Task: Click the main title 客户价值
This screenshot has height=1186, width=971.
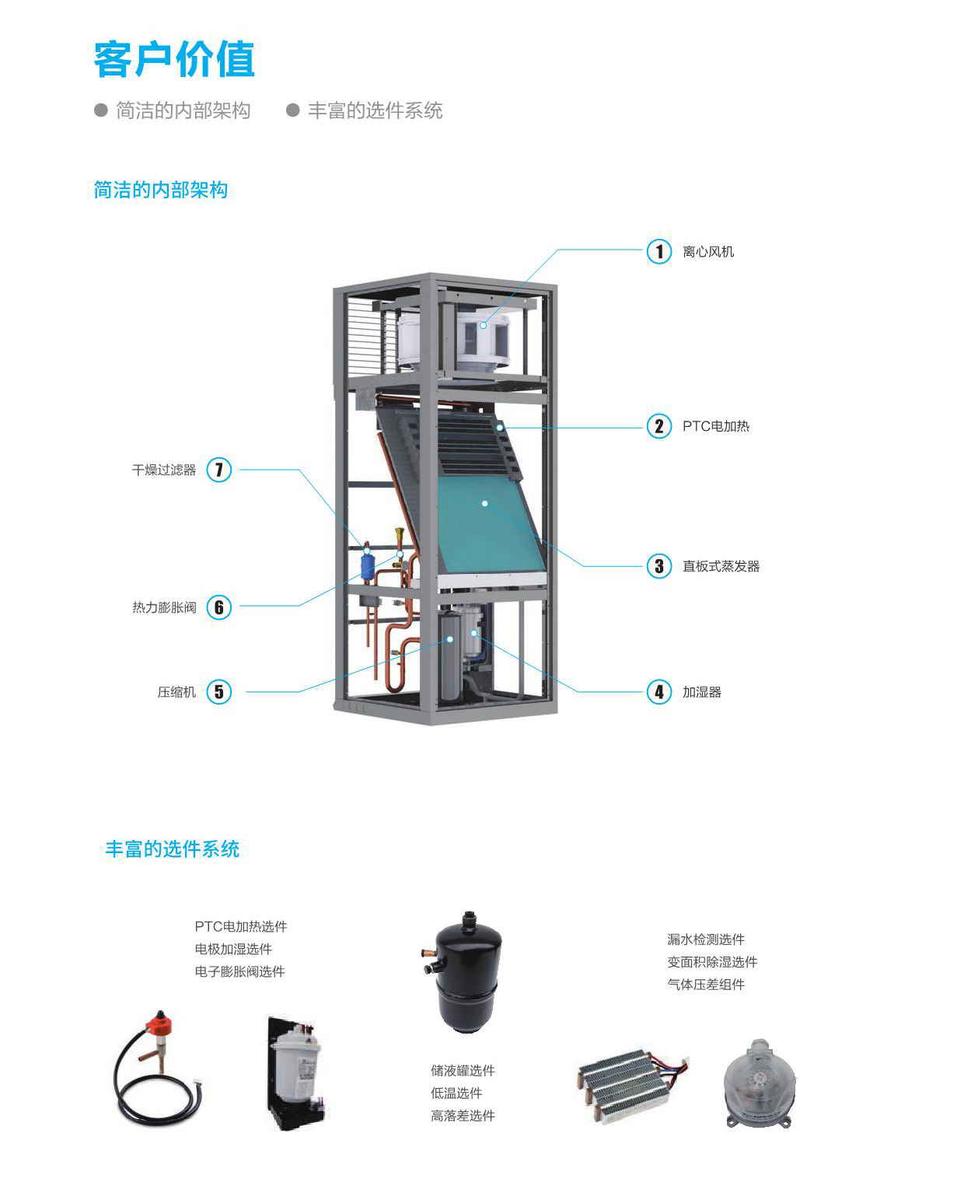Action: pyautogui.click(x=174, y=60)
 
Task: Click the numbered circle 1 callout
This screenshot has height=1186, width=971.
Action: pyautogui.click(x=659, y=251)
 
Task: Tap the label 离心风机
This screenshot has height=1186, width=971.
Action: pyautogui.click(x=707, y=252)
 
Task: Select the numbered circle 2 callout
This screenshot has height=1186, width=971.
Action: pyautogui.click(x=659, y=426)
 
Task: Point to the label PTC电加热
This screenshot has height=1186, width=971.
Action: pyautogui.click(x=715, y=426)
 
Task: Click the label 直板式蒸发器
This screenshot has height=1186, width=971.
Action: pyautogui.click(x=721, y=566)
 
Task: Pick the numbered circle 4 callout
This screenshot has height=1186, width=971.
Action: pyautogui.click(x=659, y=691)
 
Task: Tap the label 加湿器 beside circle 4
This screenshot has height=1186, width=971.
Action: pyautogui.click(x=701, y=692)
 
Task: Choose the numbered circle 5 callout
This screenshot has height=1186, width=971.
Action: pyautogui.click(x=219, y=691)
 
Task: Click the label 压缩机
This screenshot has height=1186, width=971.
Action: pyautogui.click(x=176, y=692)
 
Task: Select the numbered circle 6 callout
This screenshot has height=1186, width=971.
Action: pyautogui.click(x=219, y=607)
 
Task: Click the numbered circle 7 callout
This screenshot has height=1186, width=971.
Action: pyautogui.click(x=219, y=470)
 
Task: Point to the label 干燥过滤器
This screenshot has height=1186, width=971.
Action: pyautogui.click(x=164, y=470)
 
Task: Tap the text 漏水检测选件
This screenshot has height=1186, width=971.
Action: pyautogui.click(x=705, y=939)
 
